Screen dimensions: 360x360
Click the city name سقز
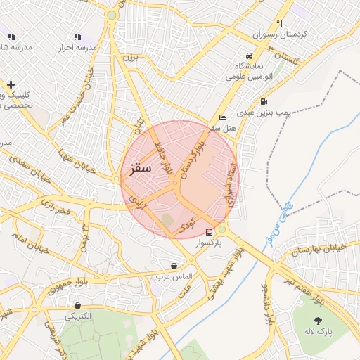click(141, 169)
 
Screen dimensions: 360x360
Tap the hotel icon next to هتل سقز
click(223, 117)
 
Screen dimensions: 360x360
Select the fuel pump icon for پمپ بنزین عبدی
click(263, 101)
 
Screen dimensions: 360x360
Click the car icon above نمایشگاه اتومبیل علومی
click(249, 56)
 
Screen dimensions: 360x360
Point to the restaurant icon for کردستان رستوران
click(280, 23)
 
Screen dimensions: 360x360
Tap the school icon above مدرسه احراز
click(77, 36)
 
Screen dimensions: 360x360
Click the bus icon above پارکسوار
click(209, 231)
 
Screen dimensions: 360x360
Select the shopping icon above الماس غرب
click(174, 266)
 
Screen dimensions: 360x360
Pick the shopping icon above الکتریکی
click(77, 305)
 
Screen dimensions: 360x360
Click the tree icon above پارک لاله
click(319, 321)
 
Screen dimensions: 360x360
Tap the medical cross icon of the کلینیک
click(11, 84)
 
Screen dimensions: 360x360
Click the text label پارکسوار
click(223, 242)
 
